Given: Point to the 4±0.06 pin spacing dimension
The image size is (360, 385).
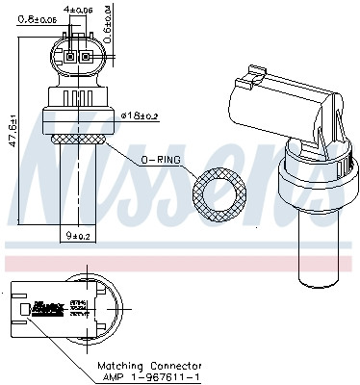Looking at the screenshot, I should (x=79, y=11).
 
